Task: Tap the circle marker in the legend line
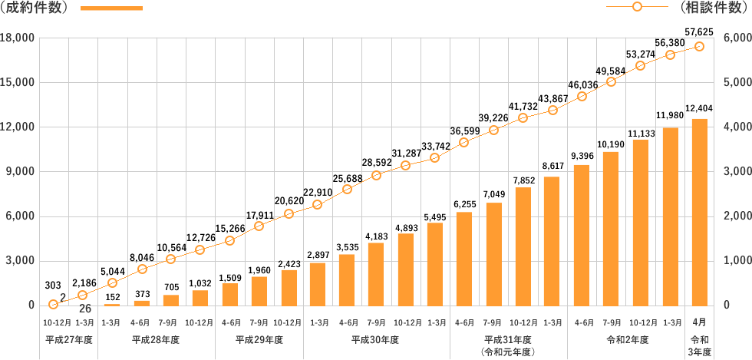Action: (x=637, y=8)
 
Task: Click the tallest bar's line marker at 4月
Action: (x=699, y=47)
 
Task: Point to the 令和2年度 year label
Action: (x=627, y=339)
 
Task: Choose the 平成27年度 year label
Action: (x=68, y=339)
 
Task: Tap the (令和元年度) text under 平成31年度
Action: (x=507, y=351)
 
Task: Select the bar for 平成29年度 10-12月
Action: (x=289, y=287)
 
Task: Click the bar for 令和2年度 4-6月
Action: (x=582, y=235)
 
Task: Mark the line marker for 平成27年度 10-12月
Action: (x=54, y=304)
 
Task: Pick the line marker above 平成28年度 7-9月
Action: (x=171, y=259)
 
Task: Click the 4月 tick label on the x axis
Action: (x=699, y=323)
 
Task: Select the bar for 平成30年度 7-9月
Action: (x=376, y=274)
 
